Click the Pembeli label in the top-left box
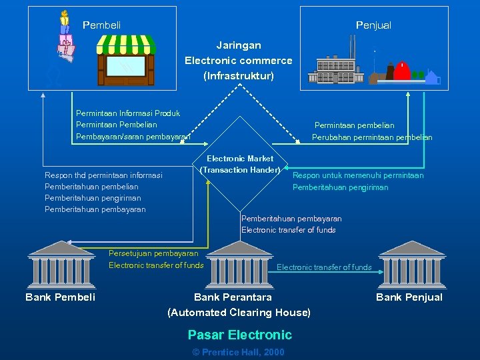pos(102,25)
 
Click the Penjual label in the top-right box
pos(373,25)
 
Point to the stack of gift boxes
pos(65,40)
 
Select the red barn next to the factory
pos(402,71)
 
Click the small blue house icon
pos(433,77)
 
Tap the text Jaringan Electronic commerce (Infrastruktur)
pos(239,60)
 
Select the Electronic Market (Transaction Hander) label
pos(239,164)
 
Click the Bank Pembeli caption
pos(61,297)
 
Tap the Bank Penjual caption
pos(409,297)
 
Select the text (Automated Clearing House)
pos(239,312)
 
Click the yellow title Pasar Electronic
pos(239,335)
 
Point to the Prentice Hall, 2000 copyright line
pos(238,352)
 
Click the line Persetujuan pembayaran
pos(153,253)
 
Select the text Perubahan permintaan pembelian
pos(372,137)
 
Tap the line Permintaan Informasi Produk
pos(128,113)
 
